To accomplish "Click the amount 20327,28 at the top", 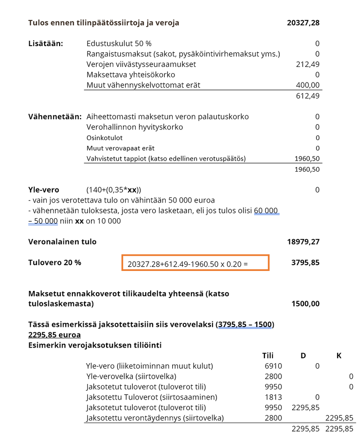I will click(303, 23).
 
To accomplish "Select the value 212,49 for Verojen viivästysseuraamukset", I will click(307, 64).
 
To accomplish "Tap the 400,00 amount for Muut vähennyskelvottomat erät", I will click(307, 85).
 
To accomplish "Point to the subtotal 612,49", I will click(307, 96).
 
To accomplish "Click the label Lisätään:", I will click(46, 43).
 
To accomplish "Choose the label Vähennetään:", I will click(55, 117).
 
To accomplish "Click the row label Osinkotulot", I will click(104, 137).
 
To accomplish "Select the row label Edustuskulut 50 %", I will click(119, 43).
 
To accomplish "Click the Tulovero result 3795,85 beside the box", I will click(305, 263).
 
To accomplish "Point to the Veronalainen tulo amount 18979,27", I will click(303, 242).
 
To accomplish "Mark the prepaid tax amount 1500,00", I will click(305, 304).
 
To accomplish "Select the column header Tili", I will click(268, 356).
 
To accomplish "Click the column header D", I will click(303, 356).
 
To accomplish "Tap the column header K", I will click(339, 356).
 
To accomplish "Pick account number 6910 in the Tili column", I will click(273, 366).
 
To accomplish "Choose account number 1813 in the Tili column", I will click(273, 397).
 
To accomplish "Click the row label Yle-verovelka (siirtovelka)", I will click(131, 376).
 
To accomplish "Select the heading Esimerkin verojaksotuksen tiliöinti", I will click(95, 345).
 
